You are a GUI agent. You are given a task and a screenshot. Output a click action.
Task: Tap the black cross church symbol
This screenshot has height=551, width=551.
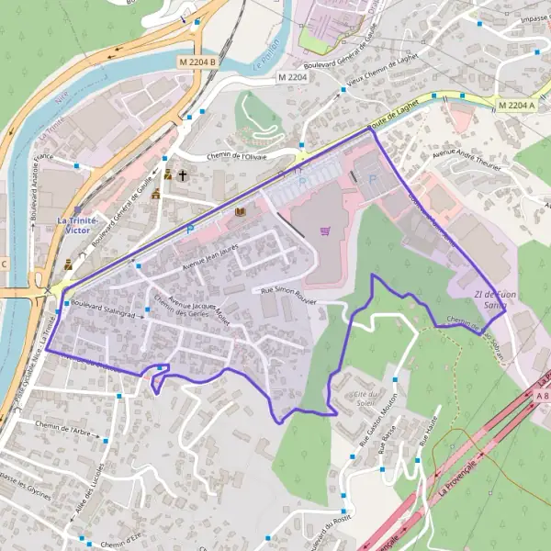pos(182,174)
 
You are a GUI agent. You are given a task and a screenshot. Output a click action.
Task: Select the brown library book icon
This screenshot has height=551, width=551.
pos(241,212)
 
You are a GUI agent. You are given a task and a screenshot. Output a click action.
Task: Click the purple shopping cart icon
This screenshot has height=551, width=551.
pos(324,231)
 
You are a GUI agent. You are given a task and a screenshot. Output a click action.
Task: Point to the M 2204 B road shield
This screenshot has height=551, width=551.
pos(197,62)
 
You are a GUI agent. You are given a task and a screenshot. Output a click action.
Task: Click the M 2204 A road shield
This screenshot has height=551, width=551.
pos(517,106)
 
